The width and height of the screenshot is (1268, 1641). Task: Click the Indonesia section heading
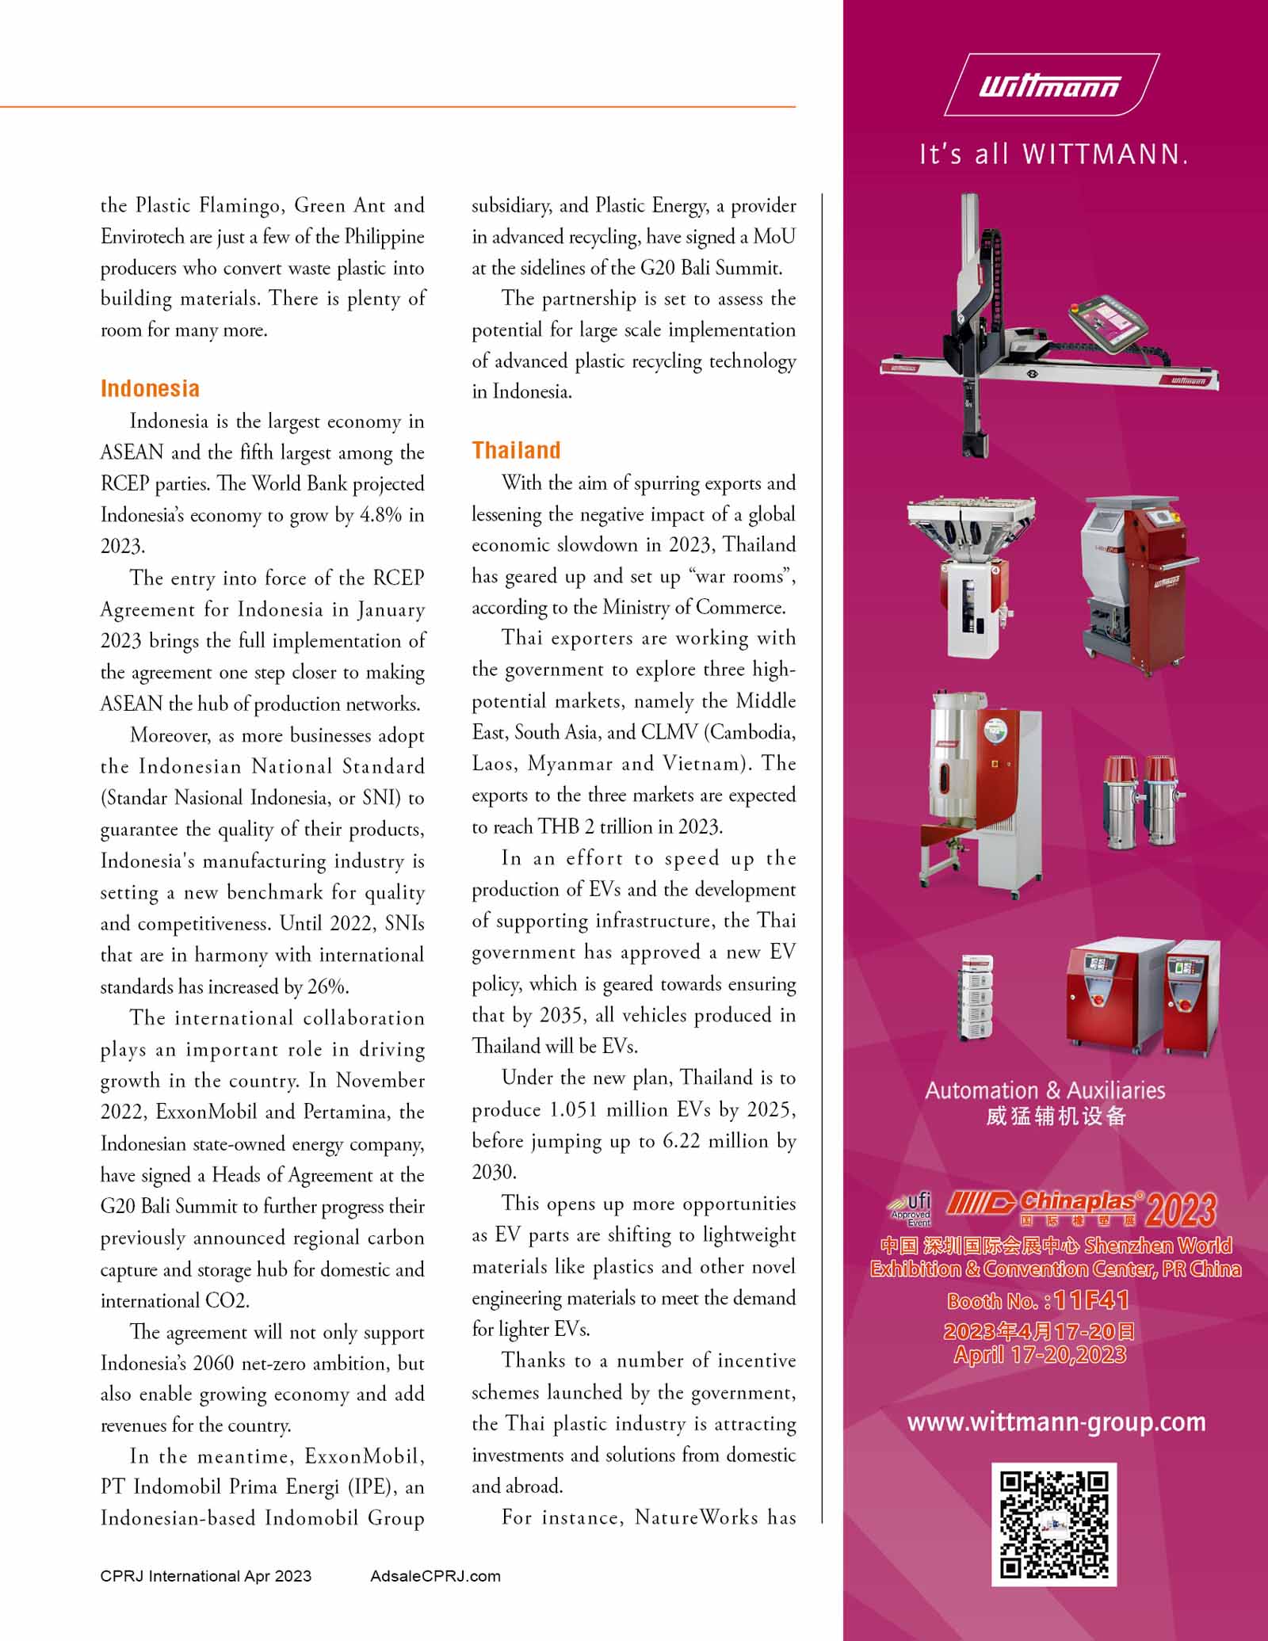point(150,388)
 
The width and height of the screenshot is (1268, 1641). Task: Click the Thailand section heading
point(516,450)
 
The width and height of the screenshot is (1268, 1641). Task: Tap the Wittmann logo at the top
point(1052,85)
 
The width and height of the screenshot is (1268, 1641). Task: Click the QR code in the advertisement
point(1054,1525)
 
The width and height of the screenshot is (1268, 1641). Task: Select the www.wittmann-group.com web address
point(1056,1422)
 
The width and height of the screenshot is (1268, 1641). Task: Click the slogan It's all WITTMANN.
point(1053,153)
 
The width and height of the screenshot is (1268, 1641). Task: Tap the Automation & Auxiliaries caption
point(1045,1090)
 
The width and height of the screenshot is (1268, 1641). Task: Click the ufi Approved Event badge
point(911,1209)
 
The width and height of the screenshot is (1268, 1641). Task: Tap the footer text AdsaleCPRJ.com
point(435,1576)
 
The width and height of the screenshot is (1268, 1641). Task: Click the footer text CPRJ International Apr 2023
point(206,1576)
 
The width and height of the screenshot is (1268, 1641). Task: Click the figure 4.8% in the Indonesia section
point(381,515)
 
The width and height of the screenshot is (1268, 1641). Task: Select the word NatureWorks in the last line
point(697,1517)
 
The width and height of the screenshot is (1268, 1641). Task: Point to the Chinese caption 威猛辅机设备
point(1056,1116)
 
